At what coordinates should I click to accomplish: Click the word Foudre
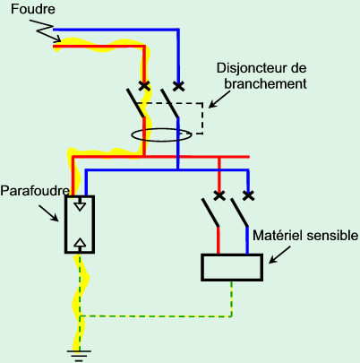coord(33,9)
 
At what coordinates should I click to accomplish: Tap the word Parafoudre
coord(35,191)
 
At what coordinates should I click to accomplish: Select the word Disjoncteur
coord(250,68)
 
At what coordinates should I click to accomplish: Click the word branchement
coord(265,83)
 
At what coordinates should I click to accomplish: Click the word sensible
coord(332,236)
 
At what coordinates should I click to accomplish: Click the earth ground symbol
coord(79,356)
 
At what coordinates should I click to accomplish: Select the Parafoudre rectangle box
coord(65,224)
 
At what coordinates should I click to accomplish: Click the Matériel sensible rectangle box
coord(202,267)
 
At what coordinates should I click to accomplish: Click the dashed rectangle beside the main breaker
coord(203,118)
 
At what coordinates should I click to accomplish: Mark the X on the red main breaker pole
coord(144,86)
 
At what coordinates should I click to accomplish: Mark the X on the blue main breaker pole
coord(178,86)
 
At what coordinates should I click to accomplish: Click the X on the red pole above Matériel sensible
coord(219,195)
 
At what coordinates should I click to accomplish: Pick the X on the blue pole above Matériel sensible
coord(248,195)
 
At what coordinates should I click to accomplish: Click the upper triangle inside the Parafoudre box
coord(80,205)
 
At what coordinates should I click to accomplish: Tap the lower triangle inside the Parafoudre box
coord(80,243)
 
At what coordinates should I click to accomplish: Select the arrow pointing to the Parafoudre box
coord(48,212)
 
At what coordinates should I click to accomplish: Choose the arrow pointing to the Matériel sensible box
coord(279,255)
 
